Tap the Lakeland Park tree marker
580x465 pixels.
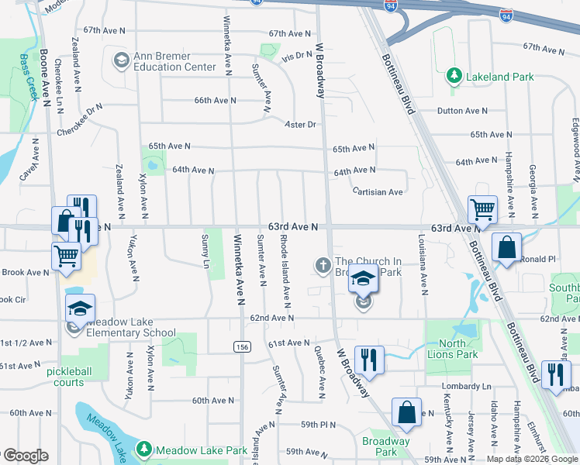454,76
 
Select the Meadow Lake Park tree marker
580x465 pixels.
143,449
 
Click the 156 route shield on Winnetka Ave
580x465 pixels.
241,346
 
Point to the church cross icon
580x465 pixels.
323,266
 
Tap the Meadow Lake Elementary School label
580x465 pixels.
131,328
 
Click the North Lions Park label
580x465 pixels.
452,349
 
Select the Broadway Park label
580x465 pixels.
385,446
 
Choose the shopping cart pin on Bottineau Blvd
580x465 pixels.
482,208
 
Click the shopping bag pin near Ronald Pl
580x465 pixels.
506,249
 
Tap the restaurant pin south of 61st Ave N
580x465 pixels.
369,360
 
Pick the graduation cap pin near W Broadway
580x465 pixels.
362,278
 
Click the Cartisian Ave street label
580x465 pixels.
377,191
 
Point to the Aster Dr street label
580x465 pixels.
301,124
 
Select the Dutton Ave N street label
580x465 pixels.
462,112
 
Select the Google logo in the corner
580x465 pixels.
25,455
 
